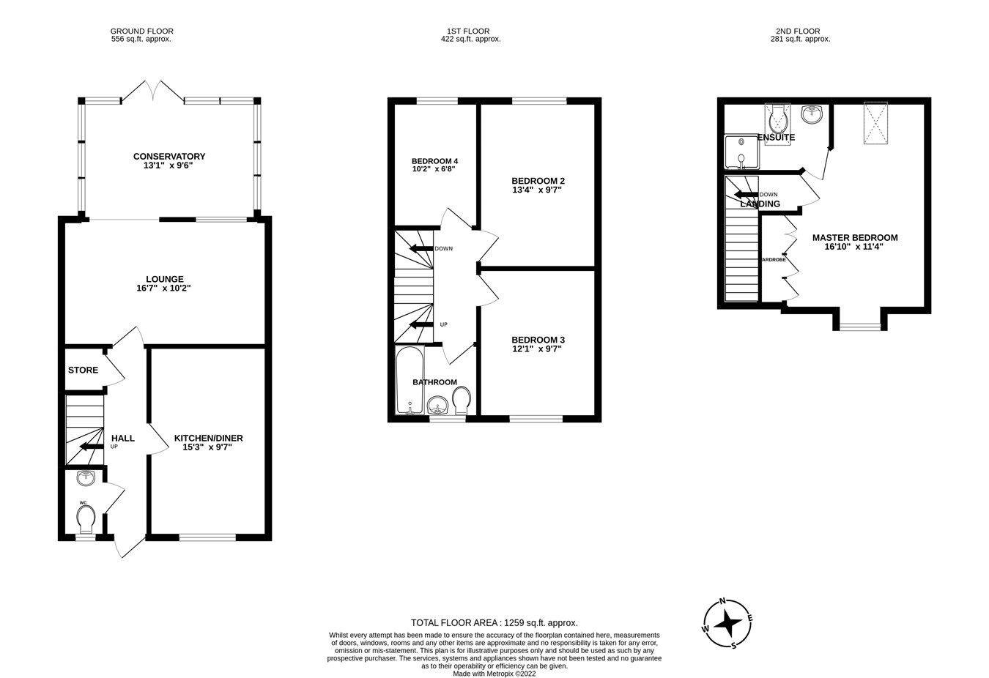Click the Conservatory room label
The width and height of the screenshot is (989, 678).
pos(168,156)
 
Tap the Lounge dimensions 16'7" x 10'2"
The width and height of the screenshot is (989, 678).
pos(164,288)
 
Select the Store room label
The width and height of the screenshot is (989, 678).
pos(83,370)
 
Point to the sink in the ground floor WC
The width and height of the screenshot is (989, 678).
pos(86,479)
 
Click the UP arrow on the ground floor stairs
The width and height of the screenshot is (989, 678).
pos(91,447)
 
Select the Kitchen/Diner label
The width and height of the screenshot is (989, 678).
pos(208,438)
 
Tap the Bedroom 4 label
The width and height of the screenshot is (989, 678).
pos(434,161)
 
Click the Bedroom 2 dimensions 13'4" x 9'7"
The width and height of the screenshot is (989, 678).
pos(538,190)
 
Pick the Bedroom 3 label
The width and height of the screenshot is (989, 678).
pos(538,340)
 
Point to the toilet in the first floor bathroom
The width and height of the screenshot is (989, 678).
pos(462,401)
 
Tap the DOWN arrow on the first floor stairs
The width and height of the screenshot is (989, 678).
pos(421,249)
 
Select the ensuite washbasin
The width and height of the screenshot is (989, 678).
pos(812,114)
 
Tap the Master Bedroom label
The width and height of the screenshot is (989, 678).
pos(854,237)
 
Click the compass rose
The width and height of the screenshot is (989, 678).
pos(727,623)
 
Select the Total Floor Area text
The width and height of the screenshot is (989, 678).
pos(494,622)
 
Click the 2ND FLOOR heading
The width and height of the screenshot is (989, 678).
pos(803,31)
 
